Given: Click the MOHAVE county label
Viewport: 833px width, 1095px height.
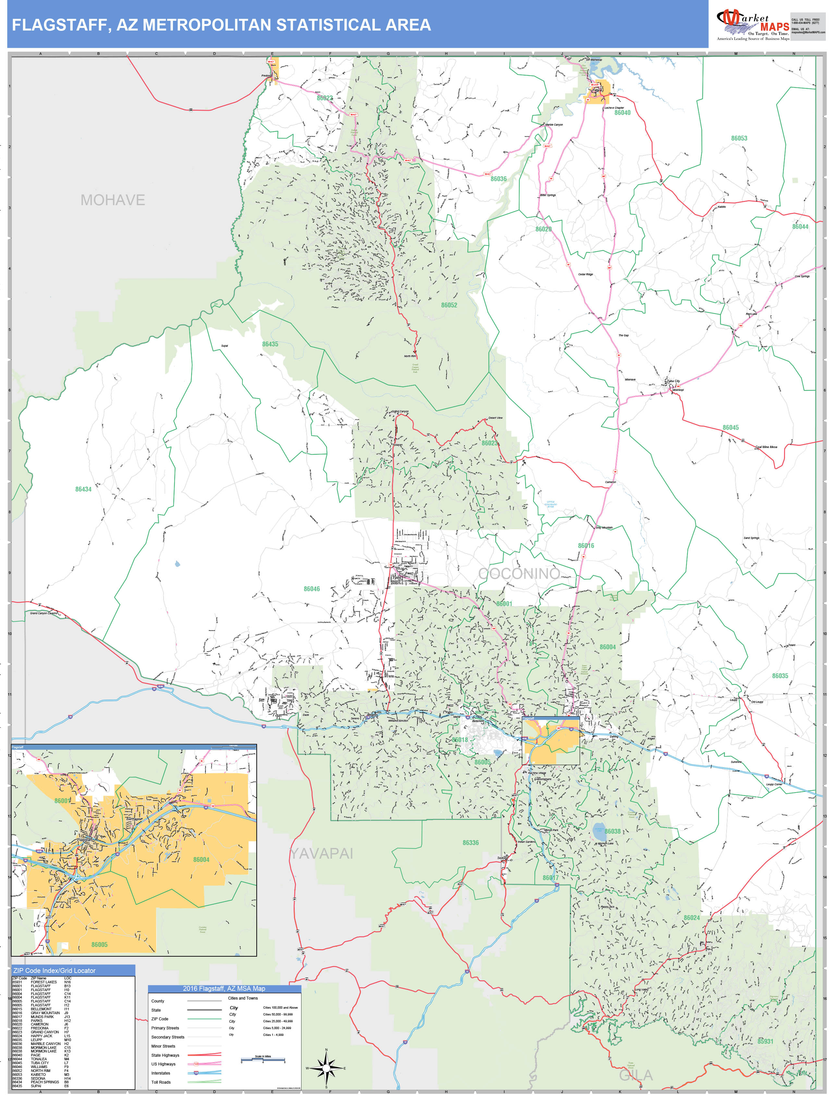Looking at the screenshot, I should pyautogui.click(x=113, y=200).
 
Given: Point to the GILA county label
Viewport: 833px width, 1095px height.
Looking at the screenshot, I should pyautogui.click(x=636, y=1075).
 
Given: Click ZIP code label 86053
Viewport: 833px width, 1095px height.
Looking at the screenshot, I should pyautogui.click(x=739, y=138).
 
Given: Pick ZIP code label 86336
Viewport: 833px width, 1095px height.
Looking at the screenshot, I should pyautogui.click(x=471, y=842).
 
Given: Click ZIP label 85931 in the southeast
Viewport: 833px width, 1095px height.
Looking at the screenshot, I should pyautogui.click(x=765, y=1041).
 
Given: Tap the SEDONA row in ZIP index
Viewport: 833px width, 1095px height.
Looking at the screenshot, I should pyautogui.click(x=38, y=1078).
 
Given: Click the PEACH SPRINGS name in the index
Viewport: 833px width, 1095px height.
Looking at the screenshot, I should pyautogui.click(x=45, y=1082).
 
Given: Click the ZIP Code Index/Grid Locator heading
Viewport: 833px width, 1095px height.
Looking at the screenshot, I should pyautogui.click(x=55, y=971).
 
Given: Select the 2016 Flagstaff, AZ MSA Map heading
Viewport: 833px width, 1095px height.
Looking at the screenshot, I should pyautogui.click(x=224, y=989).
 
